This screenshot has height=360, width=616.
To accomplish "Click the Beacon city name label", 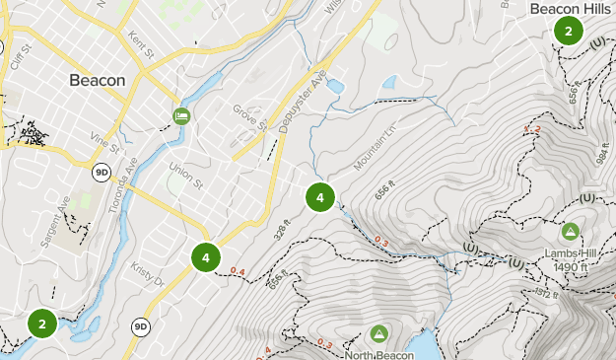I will coord(98,80).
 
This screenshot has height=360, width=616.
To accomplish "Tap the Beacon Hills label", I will coord(570,9).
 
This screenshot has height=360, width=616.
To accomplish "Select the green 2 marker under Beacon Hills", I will coord(569,32).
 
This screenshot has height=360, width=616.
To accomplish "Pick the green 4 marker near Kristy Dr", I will coord(205,258).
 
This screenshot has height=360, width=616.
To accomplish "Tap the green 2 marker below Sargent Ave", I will coord(41,323).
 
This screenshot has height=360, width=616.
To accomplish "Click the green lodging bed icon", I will coord(181,116).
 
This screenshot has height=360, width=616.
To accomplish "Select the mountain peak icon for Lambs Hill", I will coord(569,233).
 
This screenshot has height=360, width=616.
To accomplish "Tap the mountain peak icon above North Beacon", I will coord(377,334).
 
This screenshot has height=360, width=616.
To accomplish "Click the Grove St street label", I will coord(250,116).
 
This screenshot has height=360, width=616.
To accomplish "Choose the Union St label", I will coord(184,175).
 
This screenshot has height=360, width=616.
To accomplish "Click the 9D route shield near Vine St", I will coord(102,172).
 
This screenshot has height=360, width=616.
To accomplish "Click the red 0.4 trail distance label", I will coord(237,271).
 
